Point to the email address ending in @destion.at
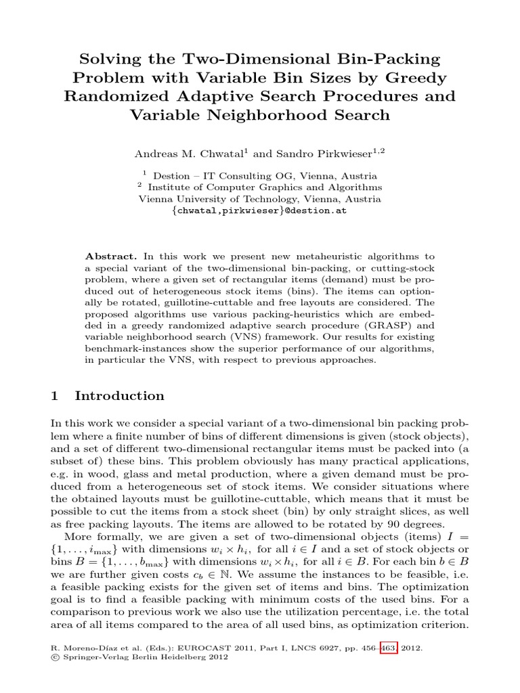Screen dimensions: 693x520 [x=260, y=211]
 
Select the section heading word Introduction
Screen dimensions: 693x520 [x=119, y=396]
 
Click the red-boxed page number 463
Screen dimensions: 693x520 [x=391, y=648]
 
